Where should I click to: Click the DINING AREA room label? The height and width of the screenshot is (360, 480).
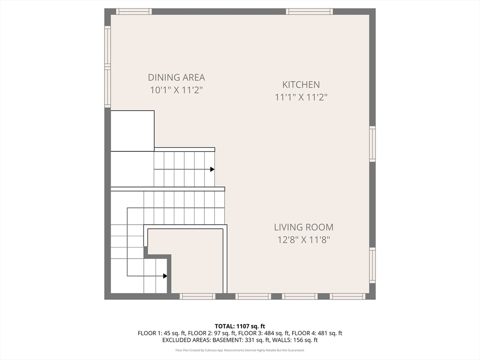(176, 78)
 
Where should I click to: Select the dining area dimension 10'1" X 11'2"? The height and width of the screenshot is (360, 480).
(176, 90)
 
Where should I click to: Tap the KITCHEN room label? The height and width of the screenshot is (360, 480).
(301, 85)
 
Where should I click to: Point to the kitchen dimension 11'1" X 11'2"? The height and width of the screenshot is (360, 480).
(301, 97)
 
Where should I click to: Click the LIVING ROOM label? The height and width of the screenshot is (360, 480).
(304, 227)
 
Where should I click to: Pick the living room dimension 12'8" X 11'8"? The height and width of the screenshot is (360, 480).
(304, 240)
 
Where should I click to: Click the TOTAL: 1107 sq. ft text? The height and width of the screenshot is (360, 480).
(240, 326)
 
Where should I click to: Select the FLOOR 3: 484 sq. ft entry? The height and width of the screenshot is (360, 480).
(254, 333)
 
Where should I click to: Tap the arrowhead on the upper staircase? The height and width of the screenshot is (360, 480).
(212, 169)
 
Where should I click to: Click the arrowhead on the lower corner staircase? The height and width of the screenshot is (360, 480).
(165, 276)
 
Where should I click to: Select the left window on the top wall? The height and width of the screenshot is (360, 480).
(134, 12)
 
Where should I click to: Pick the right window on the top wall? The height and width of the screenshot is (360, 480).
(309, 12)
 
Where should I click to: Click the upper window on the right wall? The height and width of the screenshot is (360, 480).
(372, 144)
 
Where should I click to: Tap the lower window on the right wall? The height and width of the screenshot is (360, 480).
(372, 265)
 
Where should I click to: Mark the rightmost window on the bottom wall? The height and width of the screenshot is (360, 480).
(347, 296)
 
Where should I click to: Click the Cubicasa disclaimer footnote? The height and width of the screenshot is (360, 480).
(240, 350)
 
